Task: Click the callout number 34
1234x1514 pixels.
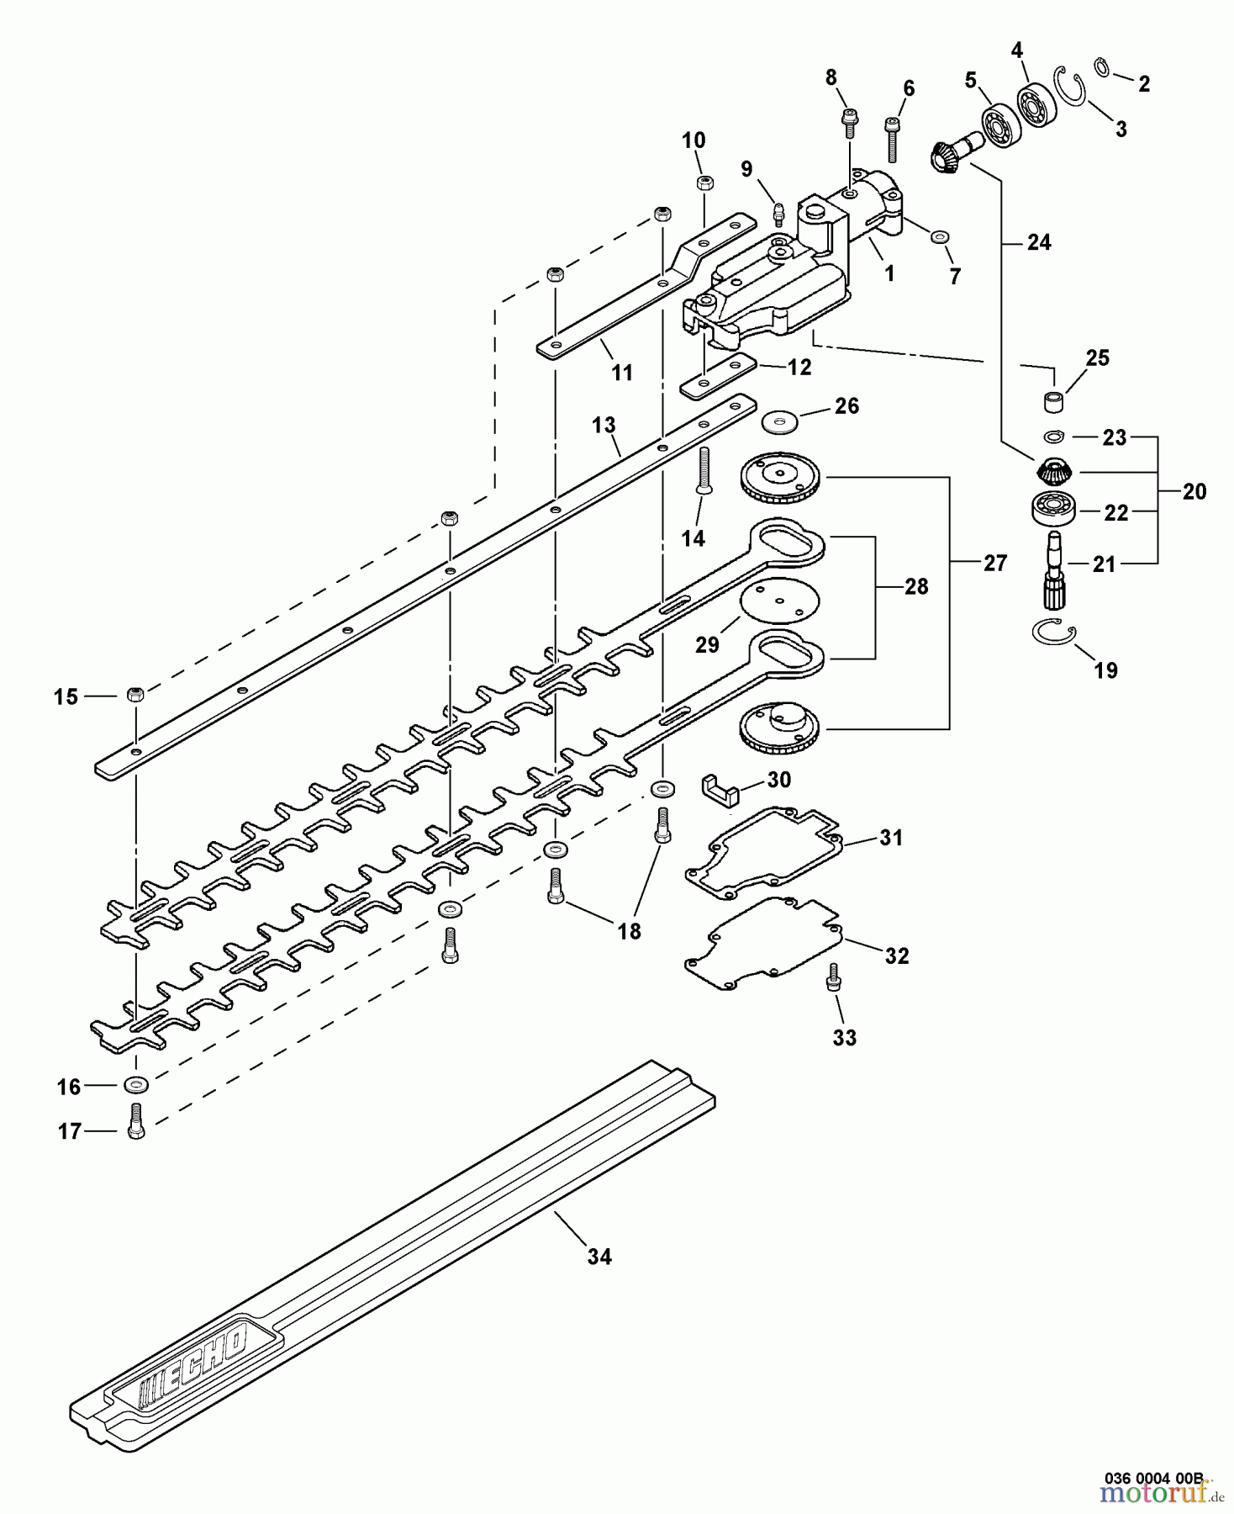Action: [x=599, y=1257]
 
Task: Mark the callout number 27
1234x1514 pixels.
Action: [x=994, y=563]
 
